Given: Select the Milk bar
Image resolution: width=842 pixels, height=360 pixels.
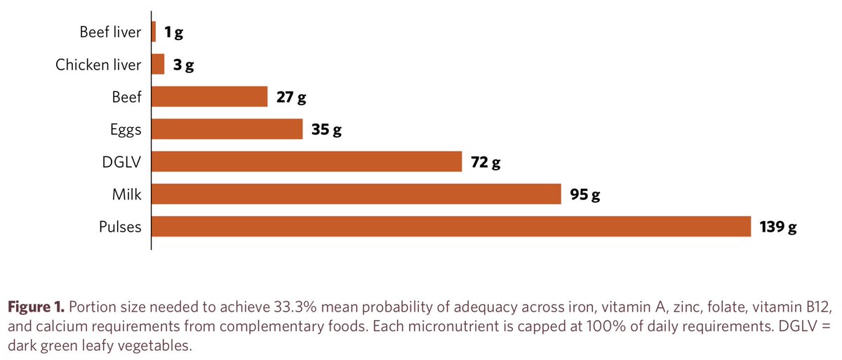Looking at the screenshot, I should (x=356, y=194).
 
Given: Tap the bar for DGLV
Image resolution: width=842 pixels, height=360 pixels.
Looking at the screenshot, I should (x=307, y=162).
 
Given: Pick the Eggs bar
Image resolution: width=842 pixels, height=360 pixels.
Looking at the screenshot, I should (x=227, y=130).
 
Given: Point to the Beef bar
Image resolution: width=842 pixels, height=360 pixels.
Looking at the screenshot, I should (x=210, y=97).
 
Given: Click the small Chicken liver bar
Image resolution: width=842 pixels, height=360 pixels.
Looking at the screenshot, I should (x=158, y=65).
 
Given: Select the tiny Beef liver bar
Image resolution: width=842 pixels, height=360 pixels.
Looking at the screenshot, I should (x=154, y=32).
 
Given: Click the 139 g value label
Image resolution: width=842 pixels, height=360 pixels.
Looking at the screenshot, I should (x=778, y=227).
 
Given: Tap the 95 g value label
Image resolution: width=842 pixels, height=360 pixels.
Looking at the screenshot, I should (x=585, y=194).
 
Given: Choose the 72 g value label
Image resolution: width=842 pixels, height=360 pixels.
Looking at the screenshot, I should (x=486, y=162).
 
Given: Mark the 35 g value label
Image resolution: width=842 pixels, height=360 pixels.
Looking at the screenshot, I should (x=326, y=130).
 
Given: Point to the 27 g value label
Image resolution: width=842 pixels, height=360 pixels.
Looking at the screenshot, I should (x=291, y=98).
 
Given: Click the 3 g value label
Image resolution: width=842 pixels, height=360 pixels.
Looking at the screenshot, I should (x=184, y=65).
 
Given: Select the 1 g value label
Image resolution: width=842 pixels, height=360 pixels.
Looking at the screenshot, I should (x=173, y=32).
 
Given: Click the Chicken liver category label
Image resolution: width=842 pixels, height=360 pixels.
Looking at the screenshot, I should (x=98, y=65).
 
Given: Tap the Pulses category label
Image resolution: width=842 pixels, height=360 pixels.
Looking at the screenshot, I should (x=120, y=227).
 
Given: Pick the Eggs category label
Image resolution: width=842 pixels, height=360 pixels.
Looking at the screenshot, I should (x=126, y=131).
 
